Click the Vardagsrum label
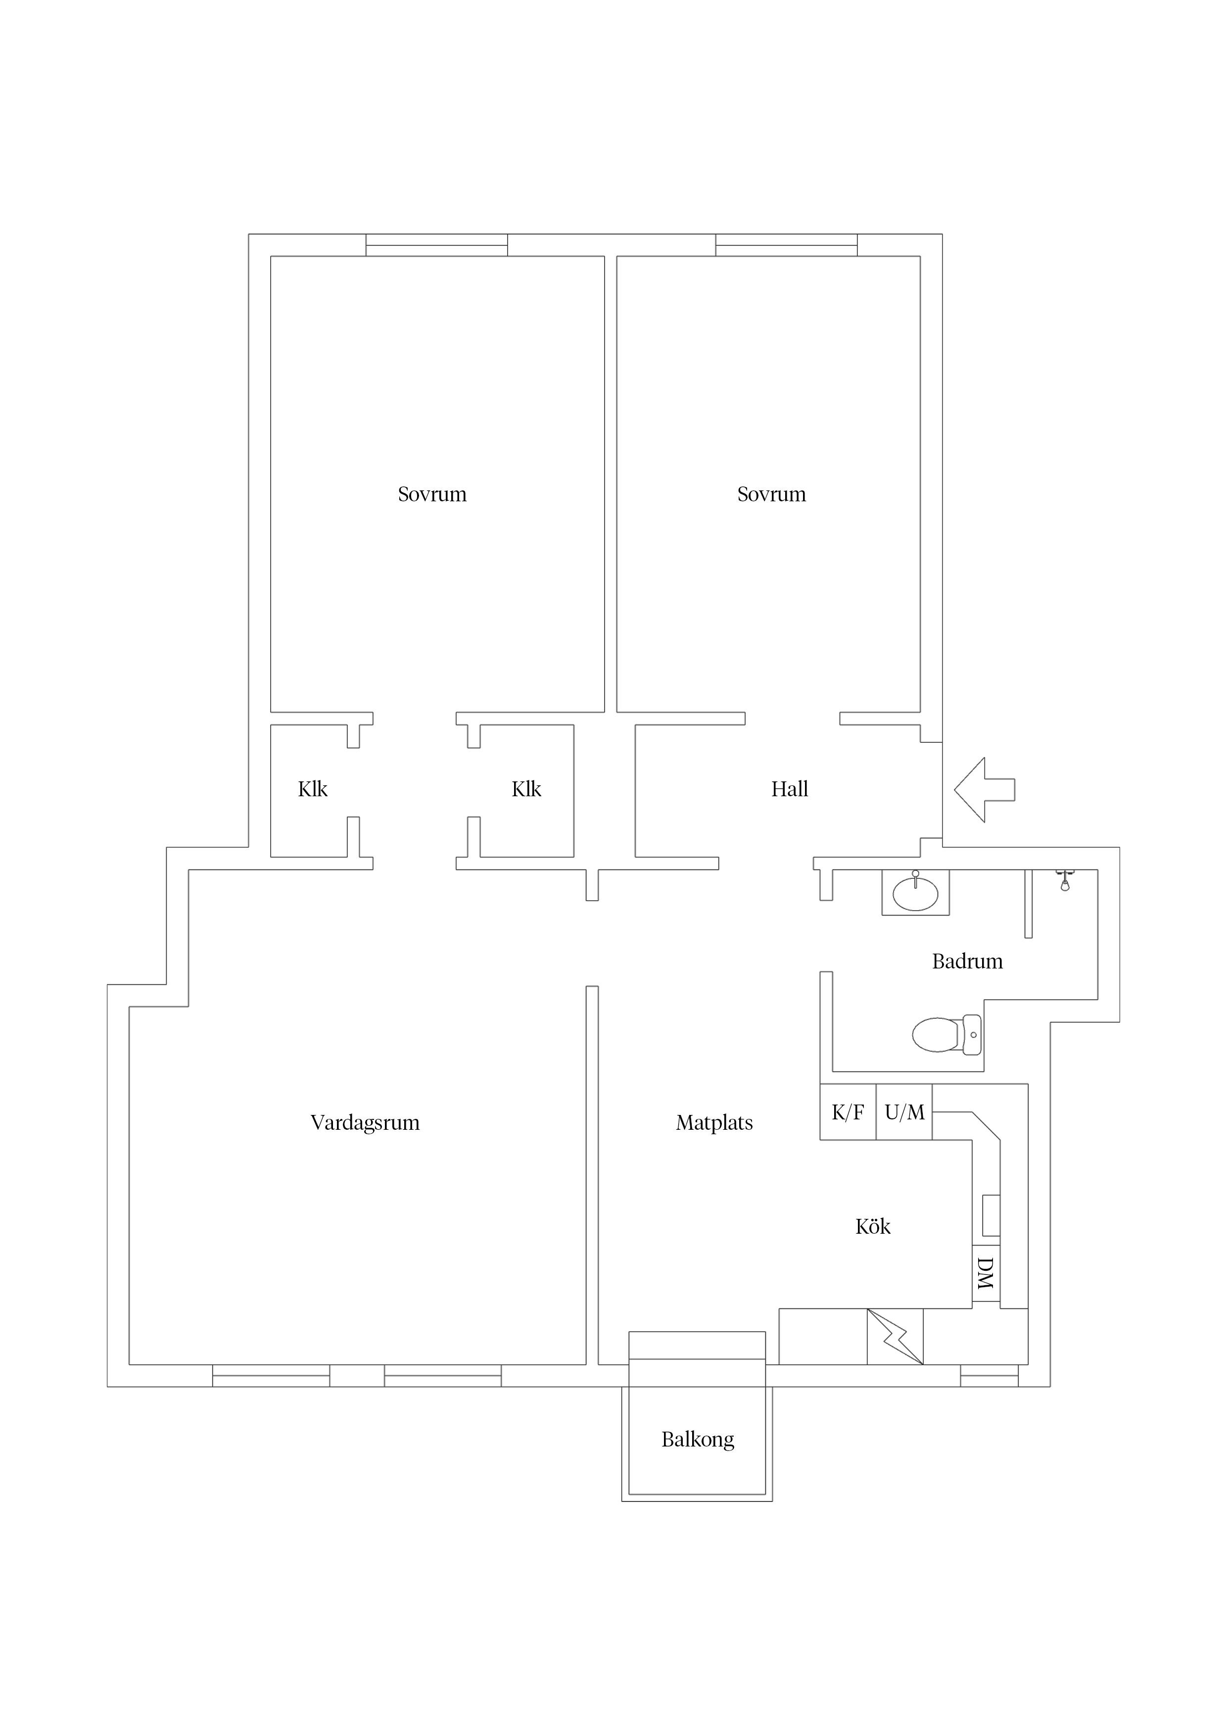[365, 1123]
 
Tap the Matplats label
[714, 1123]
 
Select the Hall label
[789, 789]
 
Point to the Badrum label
[967, 962]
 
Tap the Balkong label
[698, 1440]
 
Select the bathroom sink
[915, 893]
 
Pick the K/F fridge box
[848, 1112]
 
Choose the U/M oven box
[904, 1112]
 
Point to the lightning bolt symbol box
[895, 1337]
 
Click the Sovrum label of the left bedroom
[432, 494]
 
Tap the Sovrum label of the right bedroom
[771, 494]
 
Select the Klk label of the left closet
[312, 789]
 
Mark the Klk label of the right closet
[526, 789]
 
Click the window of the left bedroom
[437, 245]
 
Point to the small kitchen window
[990, 1376]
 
